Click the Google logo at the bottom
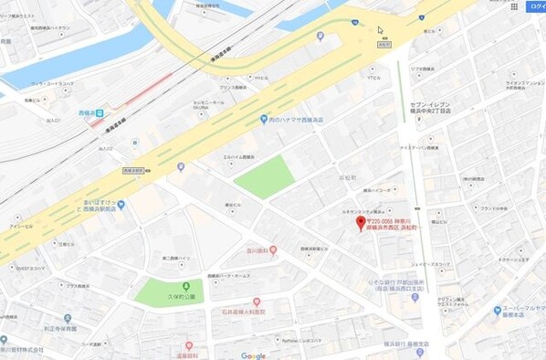pyautogui.click(x=254, y=355)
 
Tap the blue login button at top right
pyautogui.click(x=534, y=6)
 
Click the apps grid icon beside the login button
pyautogui.click(x=514, y=6)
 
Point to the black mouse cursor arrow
pyautogui.click(x=381, y=30)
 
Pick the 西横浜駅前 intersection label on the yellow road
pyautogui.click(x=134, y=170)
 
